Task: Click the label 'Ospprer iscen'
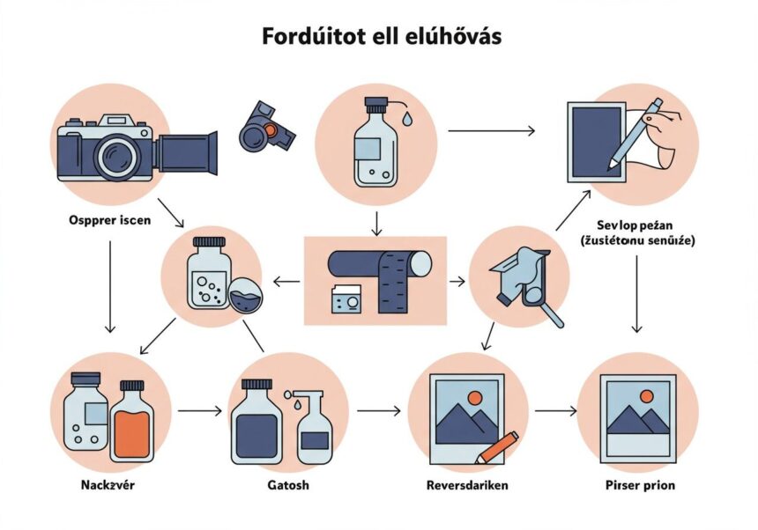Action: coord(108,220)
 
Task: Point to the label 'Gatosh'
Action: coord(287,485)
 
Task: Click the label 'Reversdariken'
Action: coord(466,485)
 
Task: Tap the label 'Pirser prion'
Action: coord(641,485)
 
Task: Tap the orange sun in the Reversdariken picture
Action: coord(476,398)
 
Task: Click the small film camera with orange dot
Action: coord(265,129)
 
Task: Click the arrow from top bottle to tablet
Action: coord(491,131)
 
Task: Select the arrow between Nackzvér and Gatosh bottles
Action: coord(199,410)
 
